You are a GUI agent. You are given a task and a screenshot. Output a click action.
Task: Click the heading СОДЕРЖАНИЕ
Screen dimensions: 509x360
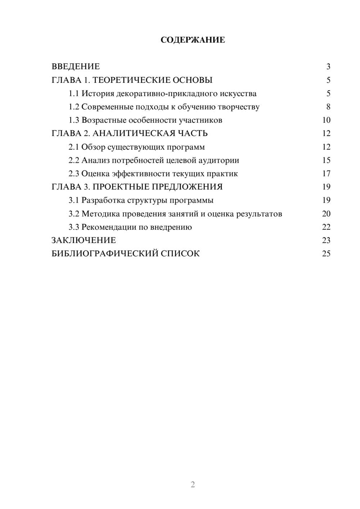tap(193, 40)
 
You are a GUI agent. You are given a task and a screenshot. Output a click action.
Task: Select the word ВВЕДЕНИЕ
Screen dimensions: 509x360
tap(76, 67)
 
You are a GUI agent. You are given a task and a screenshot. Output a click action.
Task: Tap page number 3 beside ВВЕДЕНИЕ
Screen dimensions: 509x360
tap(328, 67)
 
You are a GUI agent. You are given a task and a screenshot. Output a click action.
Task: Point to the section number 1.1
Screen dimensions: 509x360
tap(74, 94)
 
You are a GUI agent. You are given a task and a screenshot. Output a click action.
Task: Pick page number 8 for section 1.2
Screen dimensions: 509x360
tap(328, 107)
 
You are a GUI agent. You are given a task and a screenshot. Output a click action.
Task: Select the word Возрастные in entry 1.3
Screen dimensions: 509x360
tap(104, 120)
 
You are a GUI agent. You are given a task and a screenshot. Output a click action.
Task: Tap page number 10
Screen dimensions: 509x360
tap(326, 120)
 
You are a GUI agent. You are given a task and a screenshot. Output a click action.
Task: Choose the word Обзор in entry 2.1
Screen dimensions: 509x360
tap(93, 147)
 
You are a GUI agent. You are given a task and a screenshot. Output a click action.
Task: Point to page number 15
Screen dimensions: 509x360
tap(326, 160)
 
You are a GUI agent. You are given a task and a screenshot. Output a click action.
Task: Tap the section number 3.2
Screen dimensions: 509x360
tap(74, 214)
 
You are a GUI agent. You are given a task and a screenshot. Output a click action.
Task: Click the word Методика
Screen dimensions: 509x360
tap(100, 214)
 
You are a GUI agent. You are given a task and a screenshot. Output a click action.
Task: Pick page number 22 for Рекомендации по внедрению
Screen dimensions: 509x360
tap(326, 227)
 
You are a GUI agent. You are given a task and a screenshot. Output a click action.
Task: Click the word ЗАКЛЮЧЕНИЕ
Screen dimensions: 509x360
tap(84, 240)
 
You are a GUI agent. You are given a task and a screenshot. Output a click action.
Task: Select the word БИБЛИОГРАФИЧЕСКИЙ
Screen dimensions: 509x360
tap(105, 254)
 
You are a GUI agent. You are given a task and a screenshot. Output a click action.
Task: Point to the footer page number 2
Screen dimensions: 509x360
tap(193, 485)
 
